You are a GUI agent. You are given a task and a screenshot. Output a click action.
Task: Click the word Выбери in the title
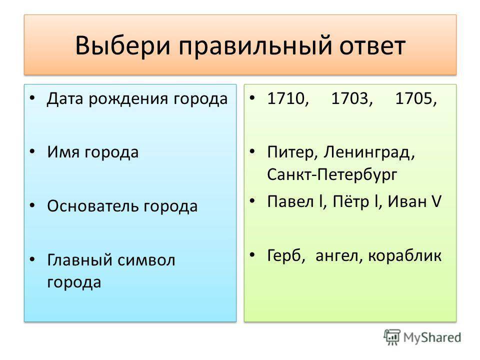pos(123,46)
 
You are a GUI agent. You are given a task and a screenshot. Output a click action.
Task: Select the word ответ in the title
pos(372,46)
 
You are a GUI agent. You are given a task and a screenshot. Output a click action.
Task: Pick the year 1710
pos(285,99)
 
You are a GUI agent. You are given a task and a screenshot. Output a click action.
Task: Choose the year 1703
pos(350,99)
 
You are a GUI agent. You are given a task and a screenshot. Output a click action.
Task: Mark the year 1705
pos(414,99)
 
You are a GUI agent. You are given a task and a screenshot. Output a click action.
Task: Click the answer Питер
pos(290,152)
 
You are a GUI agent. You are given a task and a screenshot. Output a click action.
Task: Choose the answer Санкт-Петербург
pos(332,175)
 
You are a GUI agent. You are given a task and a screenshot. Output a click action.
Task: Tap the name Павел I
pos(295,201)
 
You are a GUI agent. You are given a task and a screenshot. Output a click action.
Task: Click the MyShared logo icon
pos(391,337)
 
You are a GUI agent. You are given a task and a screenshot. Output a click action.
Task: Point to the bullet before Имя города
pos(33,151)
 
